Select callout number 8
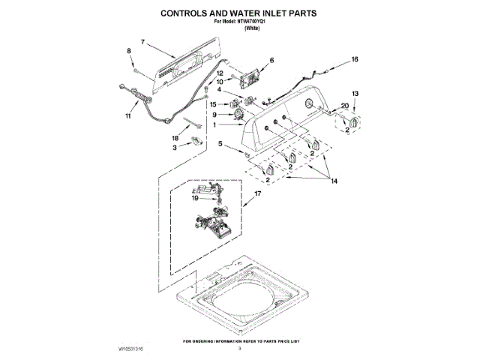click(x=128, y=51)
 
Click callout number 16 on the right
click(x=355, y=58)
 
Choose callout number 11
click(x=127, y=116)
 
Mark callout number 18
click(x=175, y=138)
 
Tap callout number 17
click(x=257, y=193)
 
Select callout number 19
click(x=194, y=199)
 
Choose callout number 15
click(x=213, y=104)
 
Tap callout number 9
click(x=214, y=115)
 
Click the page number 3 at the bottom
click(x=240, y=349)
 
